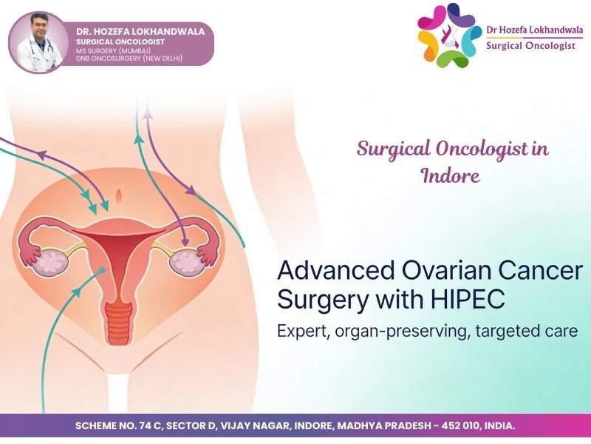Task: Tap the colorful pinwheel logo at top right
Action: tap(448, 35)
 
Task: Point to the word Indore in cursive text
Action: tap(450, 176)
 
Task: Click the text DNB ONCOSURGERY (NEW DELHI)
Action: tap(129, 58)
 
